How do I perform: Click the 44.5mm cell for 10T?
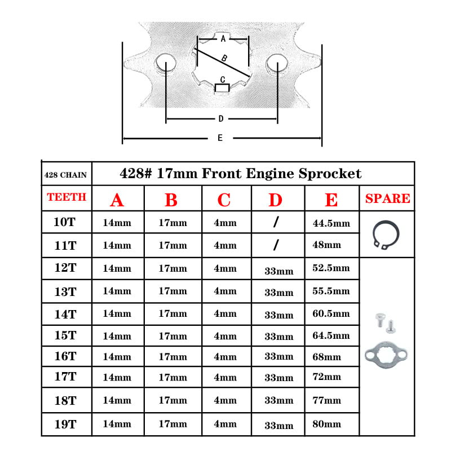(x=331, y=223)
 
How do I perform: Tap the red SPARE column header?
(x=387, y=198)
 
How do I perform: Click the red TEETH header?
(x=67, y=197)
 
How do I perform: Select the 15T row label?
(x=65, y=335)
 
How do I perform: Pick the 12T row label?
(x=65, y=268)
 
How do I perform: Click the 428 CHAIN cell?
(x=65, y=175)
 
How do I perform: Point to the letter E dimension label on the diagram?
(x=220, y=138)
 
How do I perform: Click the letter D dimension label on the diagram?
(x=221, y=118)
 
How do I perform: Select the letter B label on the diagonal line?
(x=224, y=59)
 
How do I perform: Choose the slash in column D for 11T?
(x=276, y=245)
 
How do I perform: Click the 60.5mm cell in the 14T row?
(x=331, y=313)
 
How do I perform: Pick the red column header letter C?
(x=224, y=200)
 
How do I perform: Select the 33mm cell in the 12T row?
(x=278, y=271)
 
